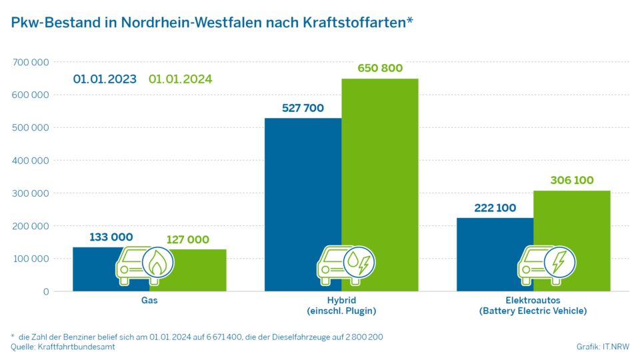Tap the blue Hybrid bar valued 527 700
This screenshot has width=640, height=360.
pos(303,200)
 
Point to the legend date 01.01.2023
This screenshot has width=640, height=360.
pos(105,79)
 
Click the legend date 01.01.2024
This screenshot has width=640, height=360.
pos(180,79)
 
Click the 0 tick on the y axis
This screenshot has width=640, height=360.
pos(45,291)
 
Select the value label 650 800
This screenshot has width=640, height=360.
pos(380,68)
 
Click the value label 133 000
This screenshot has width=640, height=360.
pos(111,237)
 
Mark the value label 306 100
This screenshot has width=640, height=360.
pos(572,180)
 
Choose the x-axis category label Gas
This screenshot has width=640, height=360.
pos(149,301)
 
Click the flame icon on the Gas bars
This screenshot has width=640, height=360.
pos(157,263)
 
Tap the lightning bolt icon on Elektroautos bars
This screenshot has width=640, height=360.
pos(559,263)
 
